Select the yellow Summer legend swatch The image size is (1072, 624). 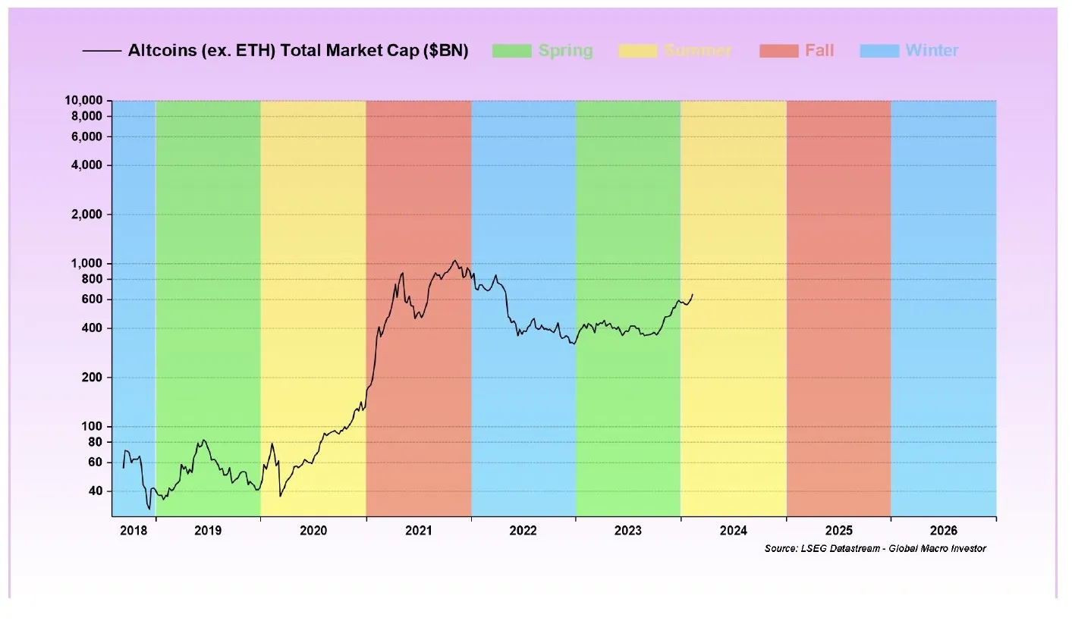coord(638,51)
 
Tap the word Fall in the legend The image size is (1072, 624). coord(819,51)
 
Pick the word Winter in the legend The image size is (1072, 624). coord(932,51)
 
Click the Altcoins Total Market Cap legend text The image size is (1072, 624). coord(298,51)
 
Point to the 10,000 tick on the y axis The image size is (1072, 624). coord(85,101)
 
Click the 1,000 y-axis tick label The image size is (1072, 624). coord(90,263)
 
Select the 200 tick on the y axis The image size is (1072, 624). coord(93,378)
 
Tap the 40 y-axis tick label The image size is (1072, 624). coord(96,491)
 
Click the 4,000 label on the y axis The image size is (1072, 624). coord(90,165)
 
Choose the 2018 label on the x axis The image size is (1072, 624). coord(133,531)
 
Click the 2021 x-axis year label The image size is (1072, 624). coord(419,531)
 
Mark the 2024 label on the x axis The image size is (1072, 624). coord(734,531)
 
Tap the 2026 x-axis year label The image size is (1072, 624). coord(944,531)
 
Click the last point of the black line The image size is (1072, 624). coord(692,294)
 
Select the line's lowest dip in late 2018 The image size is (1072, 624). coord(149,509)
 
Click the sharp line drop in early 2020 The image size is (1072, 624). coord(280,496)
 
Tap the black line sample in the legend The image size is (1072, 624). coord(102,51)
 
